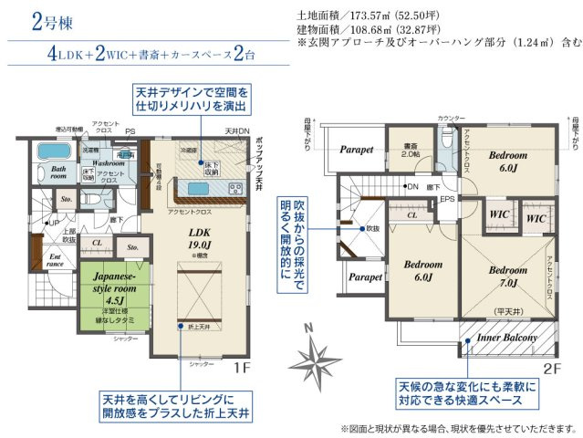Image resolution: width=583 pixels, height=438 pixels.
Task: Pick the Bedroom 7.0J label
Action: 507,276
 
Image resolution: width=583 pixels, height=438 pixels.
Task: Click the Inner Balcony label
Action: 507,338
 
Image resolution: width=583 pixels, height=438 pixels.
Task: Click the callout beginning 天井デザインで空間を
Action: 192,101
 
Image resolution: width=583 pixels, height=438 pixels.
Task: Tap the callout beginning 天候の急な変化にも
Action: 466,394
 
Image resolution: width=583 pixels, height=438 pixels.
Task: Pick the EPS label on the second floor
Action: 448,197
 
